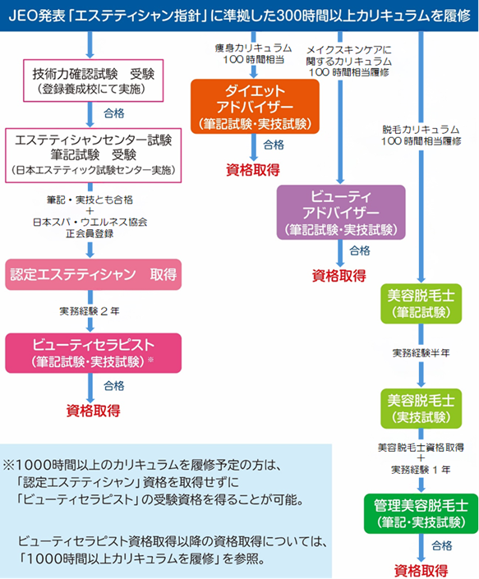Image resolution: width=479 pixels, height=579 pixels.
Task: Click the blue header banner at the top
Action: point(239,16)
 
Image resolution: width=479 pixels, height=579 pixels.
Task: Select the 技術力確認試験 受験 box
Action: point(93,80)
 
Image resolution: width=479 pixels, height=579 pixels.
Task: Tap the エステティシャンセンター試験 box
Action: point(93,155)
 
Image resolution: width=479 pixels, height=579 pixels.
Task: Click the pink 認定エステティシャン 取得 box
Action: point(93,274)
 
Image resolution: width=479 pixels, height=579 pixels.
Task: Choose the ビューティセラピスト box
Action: point(93,353)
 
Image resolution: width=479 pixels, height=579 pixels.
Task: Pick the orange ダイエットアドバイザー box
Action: point(255,106)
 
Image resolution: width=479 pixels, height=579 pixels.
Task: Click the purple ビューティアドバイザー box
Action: point(341,213)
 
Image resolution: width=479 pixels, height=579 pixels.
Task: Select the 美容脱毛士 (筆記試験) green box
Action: point(421,304)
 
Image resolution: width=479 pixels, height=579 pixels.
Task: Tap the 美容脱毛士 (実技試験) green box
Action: point(421,408)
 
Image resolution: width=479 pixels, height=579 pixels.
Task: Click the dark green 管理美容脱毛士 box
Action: point(421,513)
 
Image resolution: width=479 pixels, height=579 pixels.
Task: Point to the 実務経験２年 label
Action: point(90,311)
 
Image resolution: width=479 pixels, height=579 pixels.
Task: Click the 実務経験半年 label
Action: point(421,353)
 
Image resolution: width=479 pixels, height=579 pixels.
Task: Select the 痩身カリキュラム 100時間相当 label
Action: point(253,53)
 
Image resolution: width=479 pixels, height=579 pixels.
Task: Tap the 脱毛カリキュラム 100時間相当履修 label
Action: point(421,136)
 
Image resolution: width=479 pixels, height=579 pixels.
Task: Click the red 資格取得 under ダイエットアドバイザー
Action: point(253,170)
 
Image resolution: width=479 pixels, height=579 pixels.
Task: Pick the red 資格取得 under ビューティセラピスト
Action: point(93,411)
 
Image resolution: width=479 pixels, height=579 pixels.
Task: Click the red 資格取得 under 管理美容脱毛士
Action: point(421,571)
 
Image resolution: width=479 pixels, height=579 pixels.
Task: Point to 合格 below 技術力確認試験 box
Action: point(114,113)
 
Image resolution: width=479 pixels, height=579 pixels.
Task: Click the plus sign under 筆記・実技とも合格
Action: point(90,211)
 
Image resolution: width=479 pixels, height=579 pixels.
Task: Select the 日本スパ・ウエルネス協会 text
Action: point(90,222)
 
